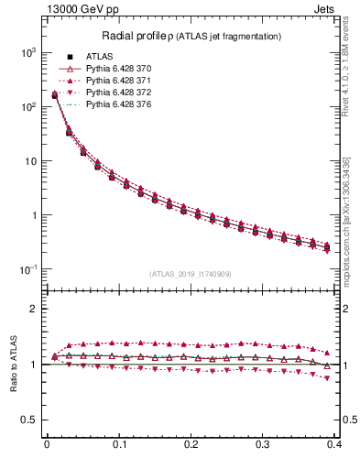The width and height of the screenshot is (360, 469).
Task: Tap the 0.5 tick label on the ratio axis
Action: [29, 420]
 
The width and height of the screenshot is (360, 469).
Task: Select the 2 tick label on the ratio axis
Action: [34, 309]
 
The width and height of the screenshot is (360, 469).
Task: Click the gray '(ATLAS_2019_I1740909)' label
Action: [191, 274]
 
